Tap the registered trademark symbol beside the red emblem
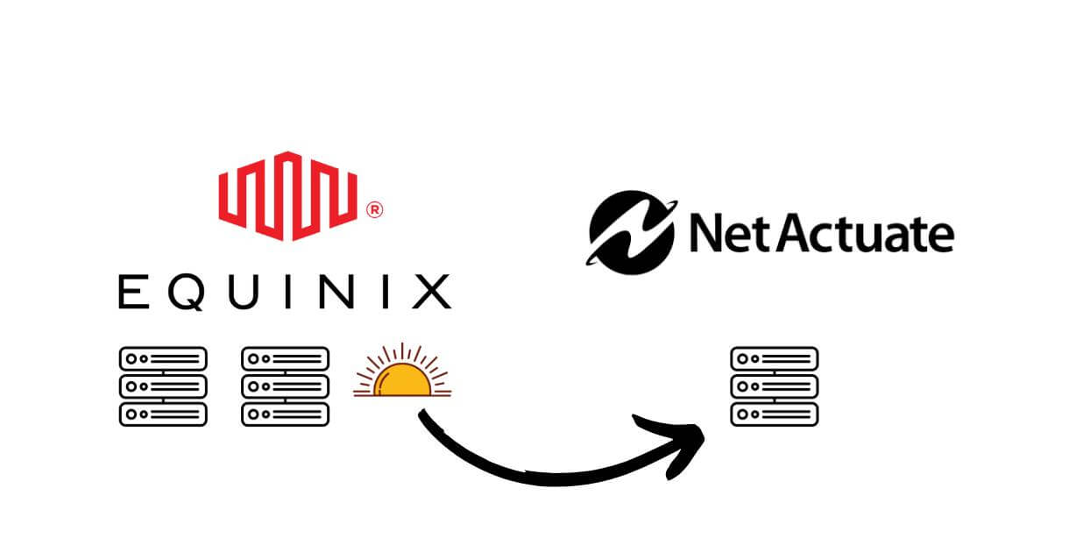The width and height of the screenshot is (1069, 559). coord(373,210)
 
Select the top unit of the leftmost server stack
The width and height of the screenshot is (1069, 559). coord(163,358)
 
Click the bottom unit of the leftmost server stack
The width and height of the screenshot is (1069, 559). coord(163,414)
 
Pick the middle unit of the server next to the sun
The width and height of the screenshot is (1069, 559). coord(286,386)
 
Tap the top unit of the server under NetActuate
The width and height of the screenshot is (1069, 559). coord(775,358)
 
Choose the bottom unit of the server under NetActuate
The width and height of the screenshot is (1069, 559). coord(775,414)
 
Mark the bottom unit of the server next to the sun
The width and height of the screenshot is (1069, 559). coord(286,414)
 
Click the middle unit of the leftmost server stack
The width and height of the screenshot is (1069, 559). coord(163,386)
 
